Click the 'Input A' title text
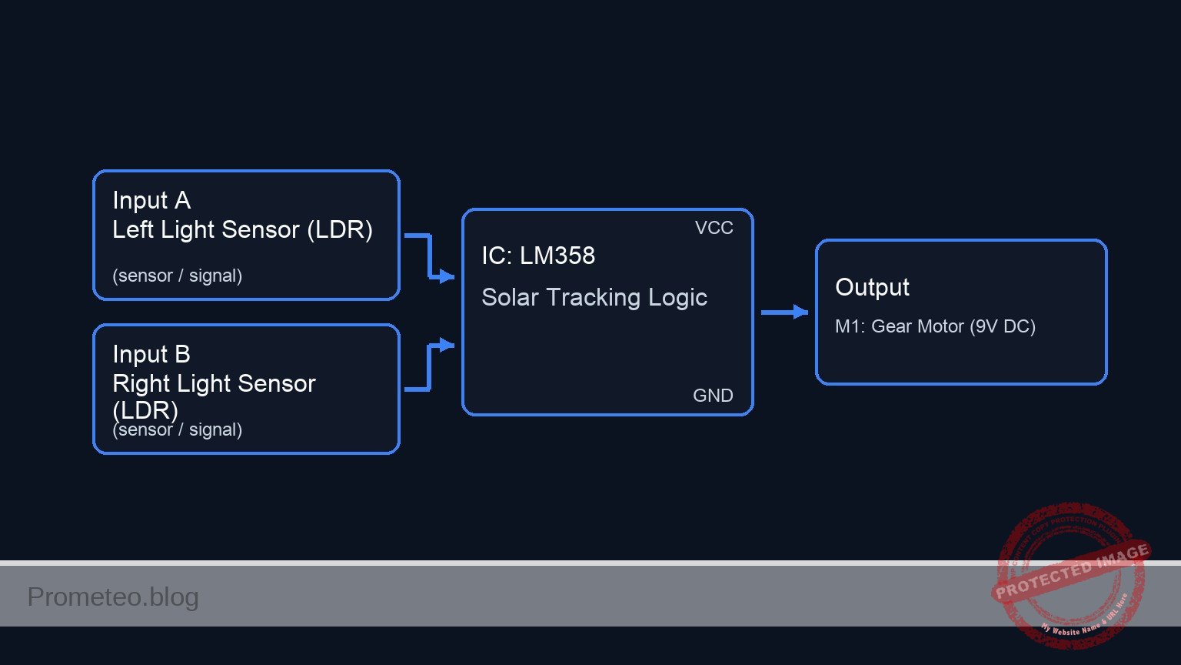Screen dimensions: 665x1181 151,200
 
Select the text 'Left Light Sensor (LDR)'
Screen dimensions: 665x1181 242,229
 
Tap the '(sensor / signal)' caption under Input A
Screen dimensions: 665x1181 177,276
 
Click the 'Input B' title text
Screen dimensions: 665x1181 151,354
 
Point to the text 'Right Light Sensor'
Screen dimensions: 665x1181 214,383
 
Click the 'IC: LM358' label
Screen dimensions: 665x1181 538,256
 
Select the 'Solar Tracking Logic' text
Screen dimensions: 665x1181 594,297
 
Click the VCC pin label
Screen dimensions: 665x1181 714,228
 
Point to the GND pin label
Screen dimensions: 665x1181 713,396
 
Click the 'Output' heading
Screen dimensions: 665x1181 872,287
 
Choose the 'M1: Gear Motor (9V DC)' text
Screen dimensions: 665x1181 935,326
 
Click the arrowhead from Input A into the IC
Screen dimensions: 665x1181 446,276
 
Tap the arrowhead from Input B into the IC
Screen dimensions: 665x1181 446,345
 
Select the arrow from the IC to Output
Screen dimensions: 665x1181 784,312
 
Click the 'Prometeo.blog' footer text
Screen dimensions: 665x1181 113,596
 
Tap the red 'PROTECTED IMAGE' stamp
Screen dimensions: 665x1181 1070,573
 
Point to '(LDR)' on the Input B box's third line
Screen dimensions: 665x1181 145,409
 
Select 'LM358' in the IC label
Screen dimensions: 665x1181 557,256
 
